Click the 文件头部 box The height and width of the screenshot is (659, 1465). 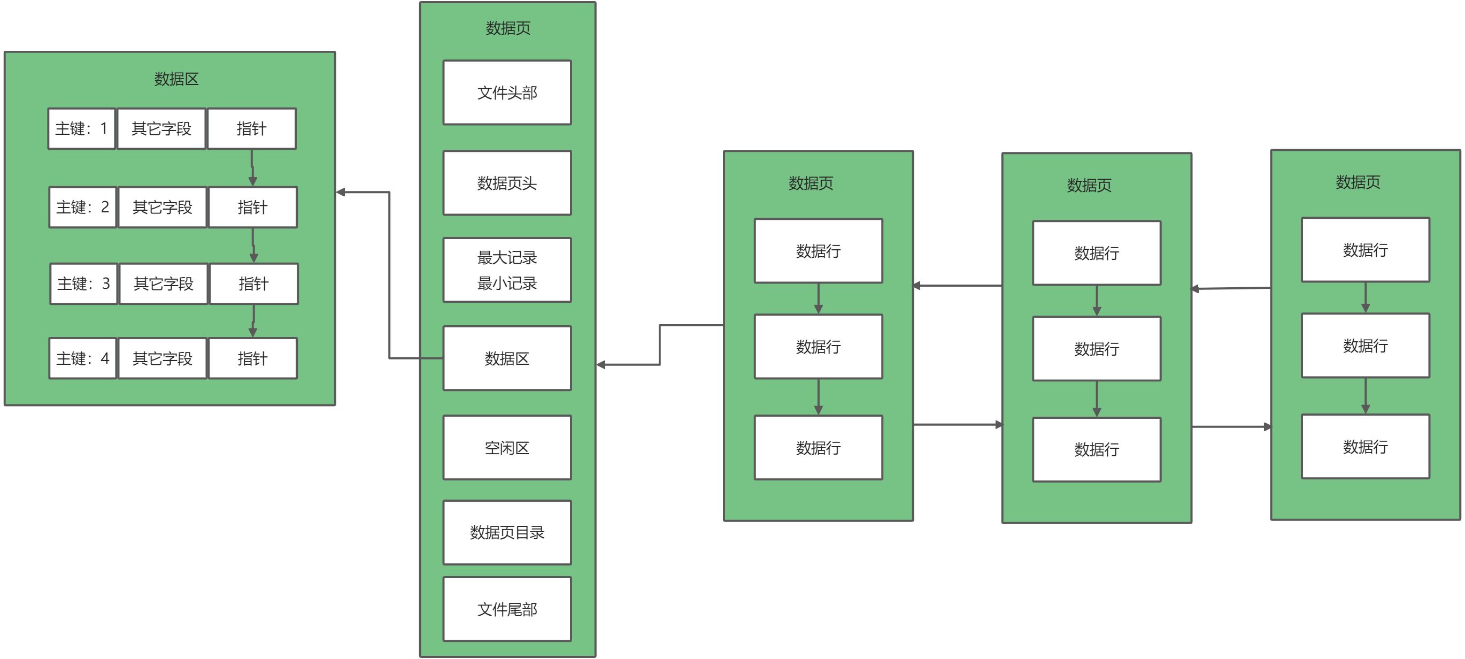point(507,92)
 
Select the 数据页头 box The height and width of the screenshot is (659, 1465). point(507,183)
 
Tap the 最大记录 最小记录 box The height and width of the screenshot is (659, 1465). point(507,270)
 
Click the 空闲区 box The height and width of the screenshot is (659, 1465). point(507,447)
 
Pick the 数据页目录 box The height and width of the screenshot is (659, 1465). point(507,532)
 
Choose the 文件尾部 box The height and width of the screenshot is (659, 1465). point(507,609)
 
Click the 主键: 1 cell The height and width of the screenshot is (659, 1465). point(81,128)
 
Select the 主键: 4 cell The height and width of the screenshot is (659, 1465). point(82,358)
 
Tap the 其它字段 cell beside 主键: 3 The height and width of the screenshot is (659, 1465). point(163,283)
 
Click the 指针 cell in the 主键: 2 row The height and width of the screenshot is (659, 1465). point(252,207)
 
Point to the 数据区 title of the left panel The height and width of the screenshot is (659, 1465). point(176,79)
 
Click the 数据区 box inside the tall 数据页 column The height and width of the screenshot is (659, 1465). point(507,358)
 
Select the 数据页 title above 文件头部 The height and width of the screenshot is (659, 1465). point(507,27)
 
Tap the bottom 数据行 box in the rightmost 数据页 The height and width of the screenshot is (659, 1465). point(1365,446)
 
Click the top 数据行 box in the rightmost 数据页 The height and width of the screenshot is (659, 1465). point(1365,249)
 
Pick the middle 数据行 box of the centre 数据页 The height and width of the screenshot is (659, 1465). point(1096,348)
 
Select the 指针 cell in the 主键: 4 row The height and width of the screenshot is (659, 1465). point(252,358)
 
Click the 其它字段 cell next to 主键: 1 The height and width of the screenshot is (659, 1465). point(161,128)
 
